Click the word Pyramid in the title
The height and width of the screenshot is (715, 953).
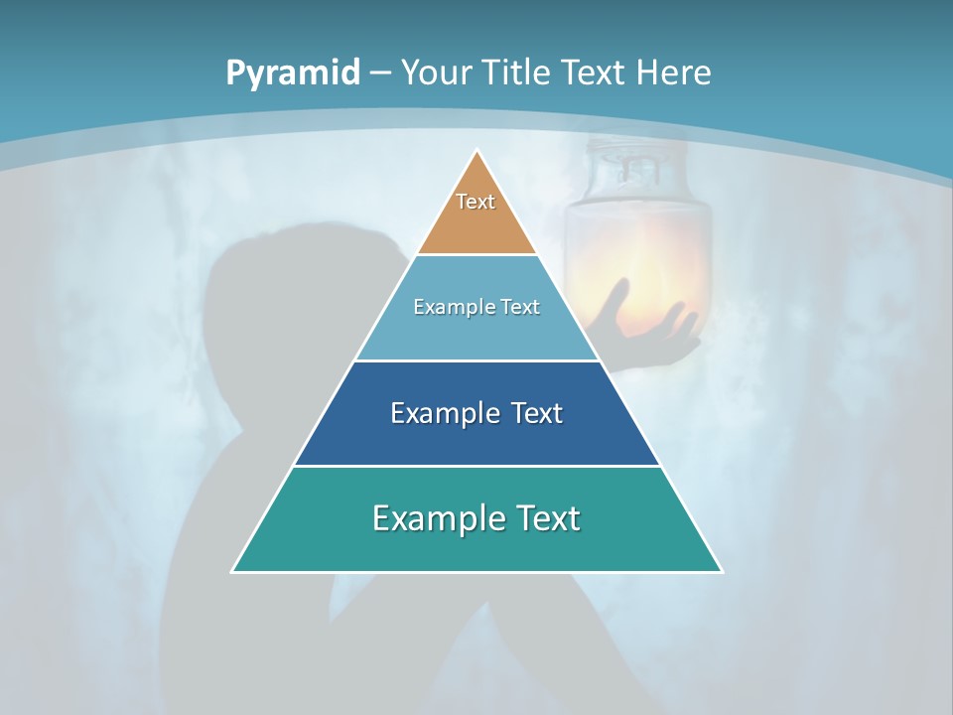pyautogui.click(x=292, y=73)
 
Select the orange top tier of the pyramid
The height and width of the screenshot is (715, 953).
pyautogui.click(x=476, y=223)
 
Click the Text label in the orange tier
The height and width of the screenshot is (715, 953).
pyautogui.click(x=476, y=202)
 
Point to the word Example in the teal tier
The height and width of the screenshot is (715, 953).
pyautogui.click(x=433, y=518)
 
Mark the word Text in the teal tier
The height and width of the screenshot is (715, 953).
pyautogui.click(x=545, y=518)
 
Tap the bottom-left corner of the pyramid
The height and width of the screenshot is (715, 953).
pyautogui.click(x=233, y=571)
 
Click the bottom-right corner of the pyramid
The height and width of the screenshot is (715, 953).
pyautogui.click(x=721, y=571)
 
